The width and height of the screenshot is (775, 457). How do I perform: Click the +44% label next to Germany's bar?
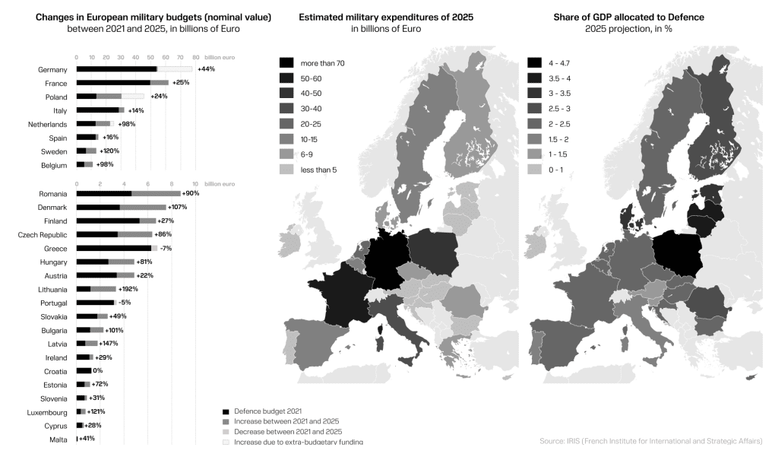(x=206, y=69)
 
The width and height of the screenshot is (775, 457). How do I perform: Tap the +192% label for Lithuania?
(x=128, y=289)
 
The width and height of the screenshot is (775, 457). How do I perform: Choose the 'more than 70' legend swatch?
(x=286, y=63)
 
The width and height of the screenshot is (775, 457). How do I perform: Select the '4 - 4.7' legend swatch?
(x=534, y=63)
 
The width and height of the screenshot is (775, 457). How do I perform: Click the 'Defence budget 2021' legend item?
(x=262, y=411)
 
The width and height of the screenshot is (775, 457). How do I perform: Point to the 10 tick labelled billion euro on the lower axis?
(x=195, y=183)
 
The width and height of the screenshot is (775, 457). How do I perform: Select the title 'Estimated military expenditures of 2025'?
(x=385, y=16)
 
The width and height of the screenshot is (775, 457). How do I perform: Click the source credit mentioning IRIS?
(x=650, y=440)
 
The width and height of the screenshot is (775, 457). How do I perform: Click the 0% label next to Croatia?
(x=97, y=370)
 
